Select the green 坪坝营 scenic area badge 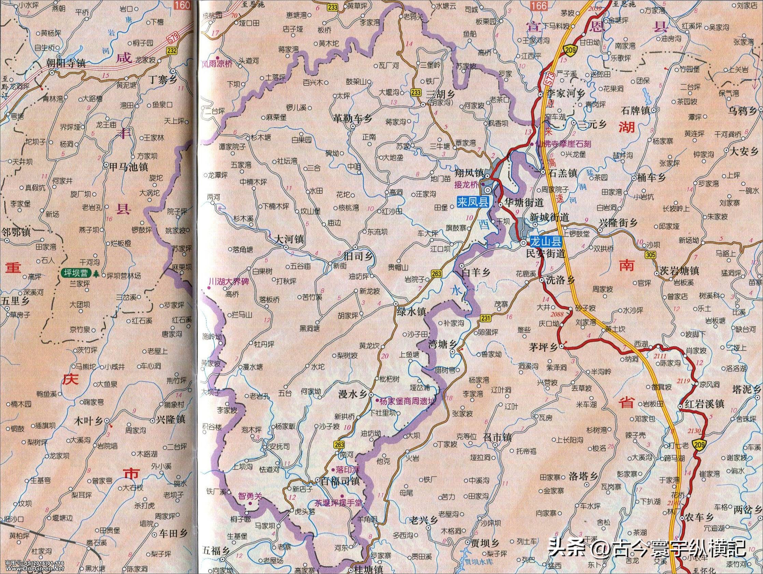74,274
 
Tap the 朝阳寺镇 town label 66,63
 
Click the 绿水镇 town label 412,312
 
